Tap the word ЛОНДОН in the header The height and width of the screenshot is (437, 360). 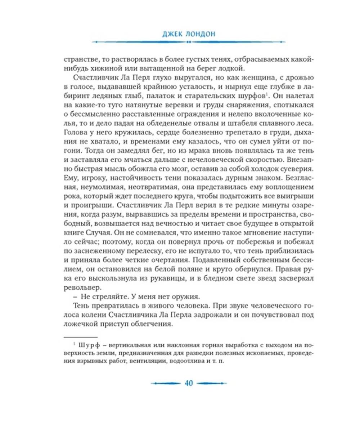point(196,35)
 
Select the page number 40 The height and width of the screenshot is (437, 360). point(189,383)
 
